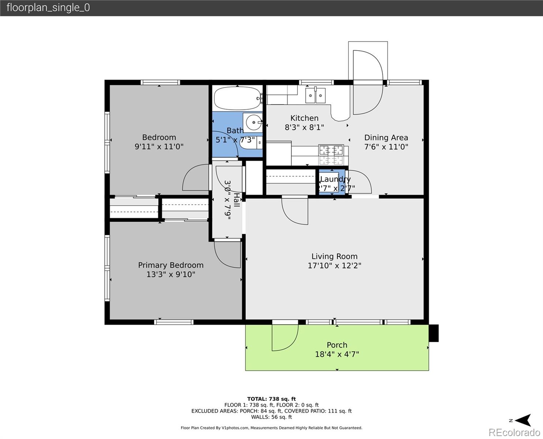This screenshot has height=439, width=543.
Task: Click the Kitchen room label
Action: click(304, 118)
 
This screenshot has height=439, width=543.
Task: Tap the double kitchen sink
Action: click(315, 95)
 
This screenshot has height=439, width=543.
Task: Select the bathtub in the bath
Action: click(237, 98)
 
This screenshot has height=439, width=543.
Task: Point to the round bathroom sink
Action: click(252, 122)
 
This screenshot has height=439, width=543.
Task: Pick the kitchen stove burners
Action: click(331, 154)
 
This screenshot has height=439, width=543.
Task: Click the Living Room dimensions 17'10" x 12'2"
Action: click(334, 266)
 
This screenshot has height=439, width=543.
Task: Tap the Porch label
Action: click(337, 345)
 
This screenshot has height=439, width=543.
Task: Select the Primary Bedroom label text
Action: click(171, 265)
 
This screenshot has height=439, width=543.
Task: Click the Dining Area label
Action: click(386, 138)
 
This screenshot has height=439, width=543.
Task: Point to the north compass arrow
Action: click(524, 420)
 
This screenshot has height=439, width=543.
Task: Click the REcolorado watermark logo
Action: click(514, 432)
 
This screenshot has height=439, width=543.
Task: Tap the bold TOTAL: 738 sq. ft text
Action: click(271, 399)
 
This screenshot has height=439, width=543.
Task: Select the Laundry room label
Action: click(336, 179)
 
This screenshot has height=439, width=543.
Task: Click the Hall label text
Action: click(237, 200)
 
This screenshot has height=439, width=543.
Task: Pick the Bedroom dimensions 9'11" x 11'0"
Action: click(159, 146)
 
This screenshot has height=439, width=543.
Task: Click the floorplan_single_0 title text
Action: click(48, 8)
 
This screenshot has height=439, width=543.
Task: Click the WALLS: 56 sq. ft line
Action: click(271, 417)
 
